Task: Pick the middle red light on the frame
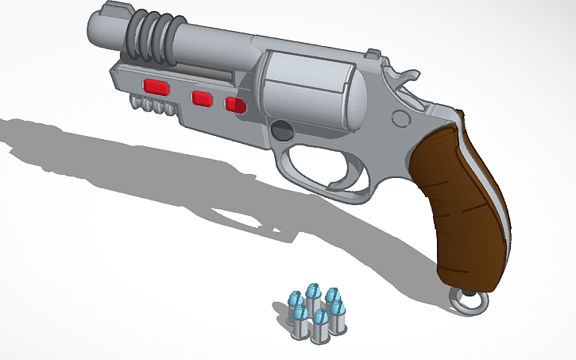(202, 99)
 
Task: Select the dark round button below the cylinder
(281, 130)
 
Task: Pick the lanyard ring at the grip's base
(469, 301)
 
